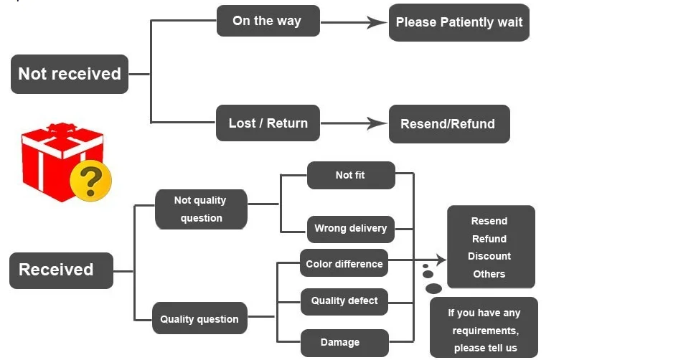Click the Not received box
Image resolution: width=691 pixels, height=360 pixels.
pyautogui.click(x=70, y=74)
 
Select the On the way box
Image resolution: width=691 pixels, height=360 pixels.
pyautogui.click(x=268, y=21)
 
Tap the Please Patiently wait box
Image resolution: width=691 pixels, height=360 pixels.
pyautogui.click(x=459, y=22)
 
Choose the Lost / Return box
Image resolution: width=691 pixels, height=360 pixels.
pyautogui.click(x=268, y=123)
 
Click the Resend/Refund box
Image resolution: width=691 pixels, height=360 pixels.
pyautogui.click(x=449, y=124)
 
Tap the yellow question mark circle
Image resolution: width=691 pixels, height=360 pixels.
pyautogui.click(x=91, y=181)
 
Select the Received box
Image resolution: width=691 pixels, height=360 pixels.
pyautogui.click(x=61, y=270)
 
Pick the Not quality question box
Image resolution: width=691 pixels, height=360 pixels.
pyautogui.click(x=201, y=209)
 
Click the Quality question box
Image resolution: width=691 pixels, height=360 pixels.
pyautogui.click(x=199, y=318)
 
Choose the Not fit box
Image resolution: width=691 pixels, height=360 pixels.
pyautogui.click(x=351, y=176)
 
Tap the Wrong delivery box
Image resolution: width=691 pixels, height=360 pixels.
pyautogui.click(x=351, y=229)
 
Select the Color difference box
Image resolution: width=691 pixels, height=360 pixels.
pyautogui.click(x=344, y=263)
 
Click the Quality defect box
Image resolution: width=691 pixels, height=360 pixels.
pyautogui.click(x=344, y=302)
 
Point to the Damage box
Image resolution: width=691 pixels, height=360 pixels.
pyautogui.click(x=344, y=343)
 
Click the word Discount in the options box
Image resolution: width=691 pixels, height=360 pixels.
pyautogui.click(x=489, y=256)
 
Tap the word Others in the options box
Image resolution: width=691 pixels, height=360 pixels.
pyautogui.click(x=489, y=274)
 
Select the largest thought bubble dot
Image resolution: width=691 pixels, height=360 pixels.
pyautogui.click(x=433, y=288)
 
